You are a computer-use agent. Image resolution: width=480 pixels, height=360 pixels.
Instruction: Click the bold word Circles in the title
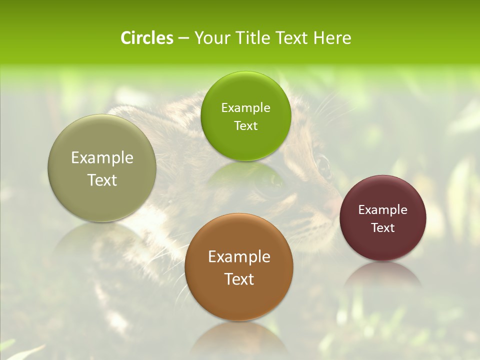pyautogui.click(x=147, y=38)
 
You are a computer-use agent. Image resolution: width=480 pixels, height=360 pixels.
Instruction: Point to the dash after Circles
pyautogui.click(x=183, y=38)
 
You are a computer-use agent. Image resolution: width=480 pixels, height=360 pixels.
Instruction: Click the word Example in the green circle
pyautogui.click(x=246, y=108)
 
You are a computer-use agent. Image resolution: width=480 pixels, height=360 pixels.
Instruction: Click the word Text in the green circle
pyautogui.click(x=246, y=125)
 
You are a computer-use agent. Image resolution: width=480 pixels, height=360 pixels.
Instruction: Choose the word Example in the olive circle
pyautogui.click(x=102, y=158)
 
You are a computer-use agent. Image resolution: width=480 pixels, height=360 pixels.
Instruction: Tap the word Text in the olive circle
pyautogui.click(x=102, y=180)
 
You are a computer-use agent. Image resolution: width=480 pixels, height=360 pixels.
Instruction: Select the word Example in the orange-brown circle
pyautogui.click(x=239, y=257)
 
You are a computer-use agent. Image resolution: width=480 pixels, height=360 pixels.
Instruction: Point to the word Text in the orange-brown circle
pyautogui.click(x=239, y=279)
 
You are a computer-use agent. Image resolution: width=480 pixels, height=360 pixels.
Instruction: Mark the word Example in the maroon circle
pyautogui.click(x=383, y=210)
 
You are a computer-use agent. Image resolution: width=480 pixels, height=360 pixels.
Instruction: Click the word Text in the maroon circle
pyautogui.click(x=383, y=227)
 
